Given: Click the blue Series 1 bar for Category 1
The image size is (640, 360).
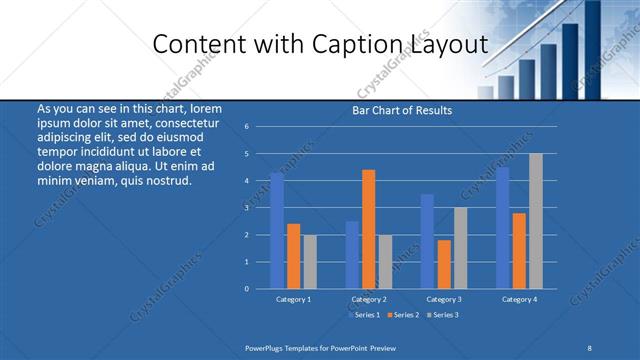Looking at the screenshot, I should tap(277, 230).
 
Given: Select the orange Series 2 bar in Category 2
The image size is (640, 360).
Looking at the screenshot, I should tap(368, 229).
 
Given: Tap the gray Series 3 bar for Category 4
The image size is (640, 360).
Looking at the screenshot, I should tap(535, 221).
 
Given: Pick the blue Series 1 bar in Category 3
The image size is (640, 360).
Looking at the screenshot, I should tap(427, 241).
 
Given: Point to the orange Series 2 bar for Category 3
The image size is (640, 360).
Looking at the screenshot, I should tap(443, 264).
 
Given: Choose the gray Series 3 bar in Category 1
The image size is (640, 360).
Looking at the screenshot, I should tap(309, 262).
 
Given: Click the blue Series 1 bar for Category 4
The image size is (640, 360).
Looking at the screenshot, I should tap(502, 228).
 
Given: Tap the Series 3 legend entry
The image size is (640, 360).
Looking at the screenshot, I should tap(444, 315).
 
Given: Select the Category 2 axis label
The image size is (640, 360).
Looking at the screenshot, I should tap(369, 299).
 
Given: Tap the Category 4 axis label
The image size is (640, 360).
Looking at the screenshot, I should tap(518, 299).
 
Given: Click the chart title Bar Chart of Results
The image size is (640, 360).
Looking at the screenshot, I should tap(402, 110).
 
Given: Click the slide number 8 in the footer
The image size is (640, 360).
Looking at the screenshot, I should tap(590, 346).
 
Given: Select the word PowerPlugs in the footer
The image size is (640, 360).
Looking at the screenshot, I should tap(265, 346).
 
